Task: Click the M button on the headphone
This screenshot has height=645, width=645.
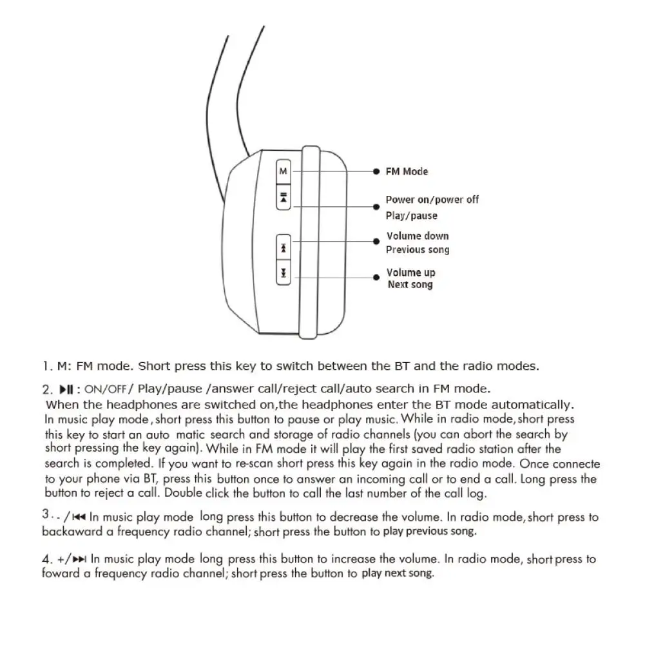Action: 284,171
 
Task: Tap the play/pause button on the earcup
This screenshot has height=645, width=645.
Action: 284,197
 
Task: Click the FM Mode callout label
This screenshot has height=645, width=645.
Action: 407,171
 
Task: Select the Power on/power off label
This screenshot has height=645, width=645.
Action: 432,200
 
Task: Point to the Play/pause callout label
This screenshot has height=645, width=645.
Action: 411,216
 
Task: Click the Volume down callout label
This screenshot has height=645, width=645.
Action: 418,236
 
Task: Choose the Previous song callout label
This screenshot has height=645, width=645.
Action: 418,250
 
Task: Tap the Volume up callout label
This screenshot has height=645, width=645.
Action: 410,273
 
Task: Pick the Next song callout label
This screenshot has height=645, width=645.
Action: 410,285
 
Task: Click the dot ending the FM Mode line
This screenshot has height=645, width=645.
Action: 376,172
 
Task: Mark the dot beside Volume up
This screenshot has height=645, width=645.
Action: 377,276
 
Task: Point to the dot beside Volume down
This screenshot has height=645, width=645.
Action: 377,241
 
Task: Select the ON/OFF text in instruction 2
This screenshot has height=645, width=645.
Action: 105,389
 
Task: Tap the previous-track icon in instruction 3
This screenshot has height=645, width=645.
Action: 79,517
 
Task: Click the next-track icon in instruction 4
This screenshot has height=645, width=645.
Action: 80,559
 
